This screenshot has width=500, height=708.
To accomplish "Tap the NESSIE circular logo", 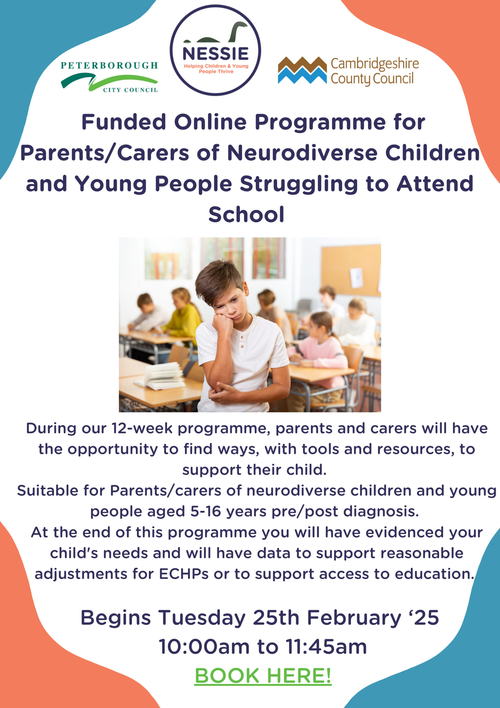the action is (x=215, y=50).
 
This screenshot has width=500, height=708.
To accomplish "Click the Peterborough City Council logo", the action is (x=109, y=77).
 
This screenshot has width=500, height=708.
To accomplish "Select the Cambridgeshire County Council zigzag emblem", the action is (x=302, y=70).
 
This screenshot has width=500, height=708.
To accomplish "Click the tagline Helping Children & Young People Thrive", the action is (x=216, y=69).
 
